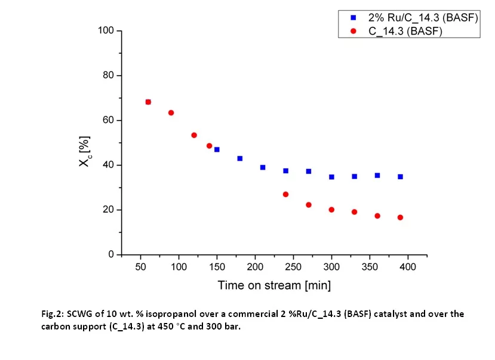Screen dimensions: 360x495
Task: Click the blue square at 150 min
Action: tap(217, 149)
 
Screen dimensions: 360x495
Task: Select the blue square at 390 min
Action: tap(400, 177)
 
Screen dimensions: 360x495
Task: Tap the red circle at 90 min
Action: tap(171, 113)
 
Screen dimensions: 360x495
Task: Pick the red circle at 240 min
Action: tap(285, 195)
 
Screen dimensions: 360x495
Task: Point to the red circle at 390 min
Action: tap(400, 217)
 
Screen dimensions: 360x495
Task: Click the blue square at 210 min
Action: tap(263, 167)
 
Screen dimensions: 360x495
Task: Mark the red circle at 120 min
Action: tap(194, 135)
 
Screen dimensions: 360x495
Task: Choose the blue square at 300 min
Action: tap(331, 177)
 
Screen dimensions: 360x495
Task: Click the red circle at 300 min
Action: tap(331, 210)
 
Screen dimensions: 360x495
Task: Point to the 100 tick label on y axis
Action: tap(107, 30)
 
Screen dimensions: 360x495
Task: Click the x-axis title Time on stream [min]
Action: tap(274, 285)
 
